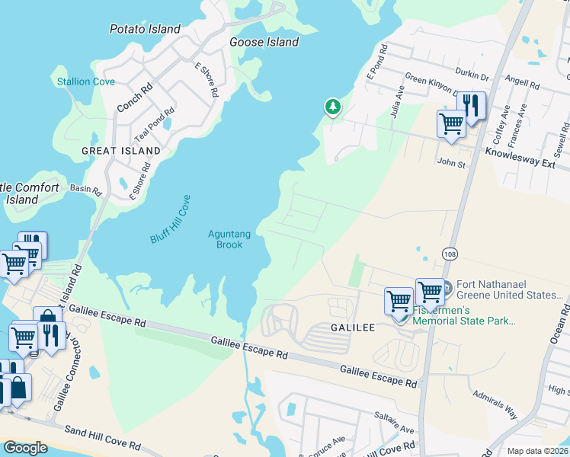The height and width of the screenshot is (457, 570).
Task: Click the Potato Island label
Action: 145,29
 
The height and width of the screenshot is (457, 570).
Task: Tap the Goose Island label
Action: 264,42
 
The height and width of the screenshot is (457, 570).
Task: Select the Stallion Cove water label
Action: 86,81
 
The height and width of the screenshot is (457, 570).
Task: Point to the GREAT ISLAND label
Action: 121,151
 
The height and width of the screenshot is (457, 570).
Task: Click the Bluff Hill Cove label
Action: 169,219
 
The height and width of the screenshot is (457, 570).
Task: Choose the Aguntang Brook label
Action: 226,239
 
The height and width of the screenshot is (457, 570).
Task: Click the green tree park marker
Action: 332,107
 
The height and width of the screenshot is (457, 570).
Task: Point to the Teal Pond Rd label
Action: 149,126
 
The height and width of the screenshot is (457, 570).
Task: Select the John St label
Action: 450,161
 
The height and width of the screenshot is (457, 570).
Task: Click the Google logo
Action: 25,448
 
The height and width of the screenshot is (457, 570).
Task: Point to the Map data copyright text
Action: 537,451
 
